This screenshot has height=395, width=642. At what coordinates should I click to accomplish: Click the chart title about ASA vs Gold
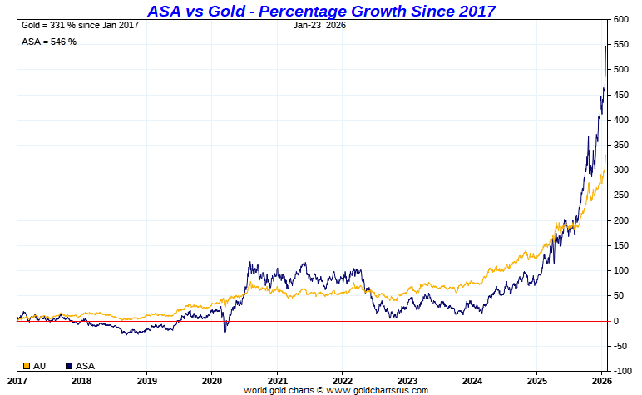(321, 11)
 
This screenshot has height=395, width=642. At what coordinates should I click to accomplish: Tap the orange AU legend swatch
(27, 366)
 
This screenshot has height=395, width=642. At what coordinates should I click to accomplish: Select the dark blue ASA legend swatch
(69, 366)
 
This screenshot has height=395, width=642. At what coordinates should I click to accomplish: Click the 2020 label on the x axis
(211, 379)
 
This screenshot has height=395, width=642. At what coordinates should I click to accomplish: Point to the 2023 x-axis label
(407, 379)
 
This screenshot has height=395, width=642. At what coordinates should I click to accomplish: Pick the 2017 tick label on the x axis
(16, 379)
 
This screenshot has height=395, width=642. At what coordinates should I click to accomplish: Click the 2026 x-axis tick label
(602, 379)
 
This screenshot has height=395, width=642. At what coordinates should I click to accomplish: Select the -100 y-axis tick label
(624, 371)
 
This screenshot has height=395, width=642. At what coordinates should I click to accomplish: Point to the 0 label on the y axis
(618, 321)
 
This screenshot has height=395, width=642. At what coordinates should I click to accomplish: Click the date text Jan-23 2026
(320, 25)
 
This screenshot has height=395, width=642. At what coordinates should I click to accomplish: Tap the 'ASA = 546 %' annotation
(48, 42)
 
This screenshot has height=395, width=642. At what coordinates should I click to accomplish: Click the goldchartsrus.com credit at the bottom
(336, 390)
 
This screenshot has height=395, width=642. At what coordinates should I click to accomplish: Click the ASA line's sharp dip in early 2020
(225, 333)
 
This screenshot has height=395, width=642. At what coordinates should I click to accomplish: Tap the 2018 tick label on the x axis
(81, 379)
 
